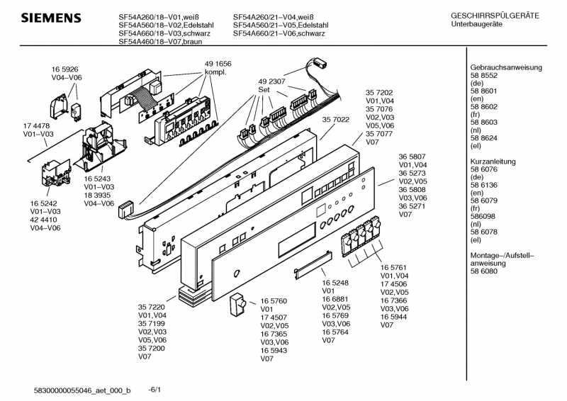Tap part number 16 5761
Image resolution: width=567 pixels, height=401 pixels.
(395, 267)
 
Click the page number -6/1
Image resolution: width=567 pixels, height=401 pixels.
(155, 389)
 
